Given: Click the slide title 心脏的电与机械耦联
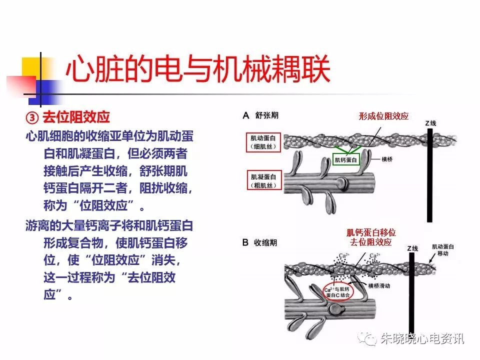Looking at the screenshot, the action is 198,68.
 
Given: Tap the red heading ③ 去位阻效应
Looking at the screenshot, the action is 68,117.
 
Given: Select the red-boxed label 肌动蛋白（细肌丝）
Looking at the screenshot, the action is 263,142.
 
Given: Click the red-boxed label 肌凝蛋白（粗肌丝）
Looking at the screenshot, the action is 264,181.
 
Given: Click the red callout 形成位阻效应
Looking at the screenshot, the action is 383,116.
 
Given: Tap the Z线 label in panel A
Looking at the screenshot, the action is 430,123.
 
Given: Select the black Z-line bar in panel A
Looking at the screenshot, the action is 430,175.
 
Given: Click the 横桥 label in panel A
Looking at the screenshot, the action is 387,159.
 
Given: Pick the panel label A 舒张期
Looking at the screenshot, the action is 260,115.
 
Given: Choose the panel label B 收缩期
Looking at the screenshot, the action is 259,243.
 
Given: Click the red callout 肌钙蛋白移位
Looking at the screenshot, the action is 371,232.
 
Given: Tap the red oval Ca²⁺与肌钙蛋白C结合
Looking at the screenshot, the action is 338,291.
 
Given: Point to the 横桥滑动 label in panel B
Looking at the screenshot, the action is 379,285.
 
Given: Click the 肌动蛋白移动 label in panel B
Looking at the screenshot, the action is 442,250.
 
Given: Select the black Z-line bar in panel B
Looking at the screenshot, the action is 411,293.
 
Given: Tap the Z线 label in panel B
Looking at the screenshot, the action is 412,248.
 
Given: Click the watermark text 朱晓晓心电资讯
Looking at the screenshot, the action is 422,339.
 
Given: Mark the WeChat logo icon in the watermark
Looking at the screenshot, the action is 368,339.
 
